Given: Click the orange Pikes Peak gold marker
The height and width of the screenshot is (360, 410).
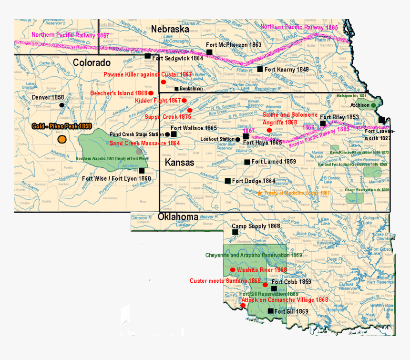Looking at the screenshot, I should [61, 139].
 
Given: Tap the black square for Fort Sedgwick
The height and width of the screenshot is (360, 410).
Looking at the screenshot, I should [148, 56].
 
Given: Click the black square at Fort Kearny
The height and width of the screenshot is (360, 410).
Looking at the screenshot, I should [260, 69].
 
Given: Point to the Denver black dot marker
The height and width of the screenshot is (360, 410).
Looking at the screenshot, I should [61, 105].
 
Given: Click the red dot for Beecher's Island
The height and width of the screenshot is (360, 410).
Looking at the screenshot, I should [151, 93].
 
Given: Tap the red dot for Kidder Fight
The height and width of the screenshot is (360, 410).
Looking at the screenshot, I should [184, 101].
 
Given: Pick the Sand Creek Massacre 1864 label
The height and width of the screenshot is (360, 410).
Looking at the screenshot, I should [145, 143].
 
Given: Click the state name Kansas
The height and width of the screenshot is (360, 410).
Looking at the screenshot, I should [180, 163].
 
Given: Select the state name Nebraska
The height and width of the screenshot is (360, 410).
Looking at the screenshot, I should [170, 29].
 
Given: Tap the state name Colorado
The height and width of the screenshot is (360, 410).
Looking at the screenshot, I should [92, 62].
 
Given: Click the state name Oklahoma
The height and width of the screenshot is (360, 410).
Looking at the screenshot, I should [178, 217].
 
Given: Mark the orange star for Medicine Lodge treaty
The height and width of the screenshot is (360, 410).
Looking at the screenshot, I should [260, 193].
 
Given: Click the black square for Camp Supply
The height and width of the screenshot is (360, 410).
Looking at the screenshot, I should [235, 232].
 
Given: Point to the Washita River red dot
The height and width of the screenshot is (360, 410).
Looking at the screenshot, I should [232, 270].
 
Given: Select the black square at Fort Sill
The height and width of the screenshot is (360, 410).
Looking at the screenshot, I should [271, 311].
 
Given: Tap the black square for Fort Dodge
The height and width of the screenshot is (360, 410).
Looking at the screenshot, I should [228, 181].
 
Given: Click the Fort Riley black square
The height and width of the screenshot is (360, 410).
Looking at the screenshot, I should [323, 123].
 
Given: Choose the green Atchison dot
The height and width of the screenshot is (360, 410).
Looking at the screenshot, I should [373, 105].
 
